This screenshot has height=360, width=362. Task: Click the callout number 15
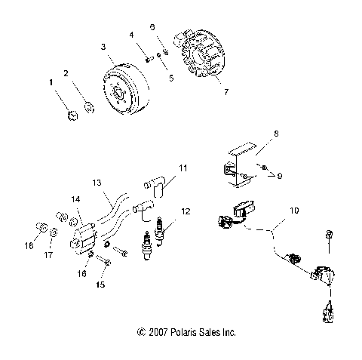pyautogui.click(x=100, y=285)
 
